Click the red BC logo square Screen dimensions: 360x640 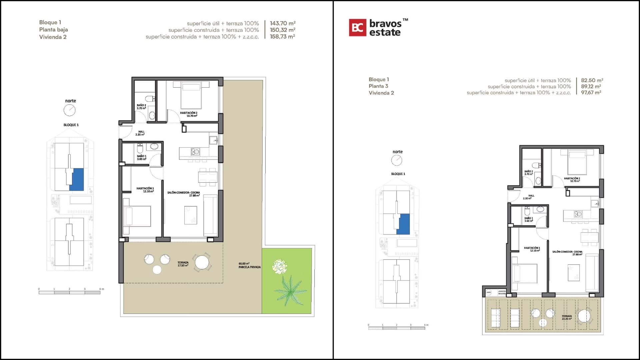[x=357, y=27]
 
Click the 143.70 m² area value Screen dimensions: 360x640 [x=282, y=23]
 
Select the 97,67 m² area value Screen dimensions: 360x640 [x=591, y=93]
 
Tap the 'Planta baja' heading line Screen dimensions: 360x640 [x=53, y=30]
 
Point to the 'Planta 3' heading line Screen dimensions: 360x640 [x=378, y=86]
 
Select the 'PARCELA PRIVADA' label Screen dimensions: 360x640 [x=249, y=267]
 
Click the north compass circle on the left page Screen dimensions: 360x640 [x=70, y=110]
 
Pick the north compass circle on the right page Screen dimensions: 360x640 [x=397, y=160]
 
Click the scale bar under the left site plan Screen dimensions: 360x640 [x=69, y=292]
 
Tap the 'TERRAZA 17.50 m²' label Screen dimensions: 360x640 [x=183, y=264]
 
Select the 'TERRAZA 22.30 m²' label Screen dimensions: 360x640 [x=567, y=317]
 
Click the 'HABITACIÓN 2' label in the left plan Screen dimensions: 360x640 [x=189, y=114]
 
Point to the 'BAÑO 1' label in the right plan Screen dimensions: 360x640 [x=529, y=219]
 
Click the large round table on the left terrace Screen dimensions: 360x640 [x=202, y=262]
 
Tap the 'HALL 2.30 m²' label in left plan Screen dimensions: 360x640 [x=141, y=133]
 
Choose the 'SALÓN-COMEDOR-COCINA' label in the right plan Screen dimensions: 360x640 [x=567, y=253]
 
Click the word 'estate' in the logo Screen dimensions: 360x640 [x=385, y=33]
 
